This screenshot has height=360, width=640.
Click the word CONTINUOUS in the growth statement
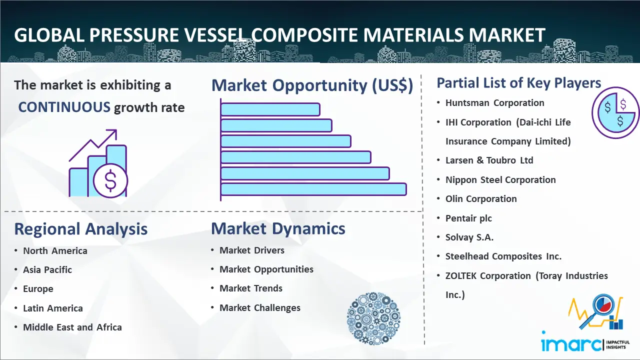coord(64,107)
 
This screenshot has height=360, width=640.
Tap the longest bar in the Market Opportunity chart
coord(313,189)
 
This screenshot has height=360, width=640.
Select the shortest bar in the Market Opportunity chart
coord(270,109)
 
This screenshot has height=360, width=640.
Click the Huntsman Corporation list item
coord(495,103)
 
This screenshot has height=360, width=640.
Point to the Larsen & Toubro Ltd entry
coord(489,160)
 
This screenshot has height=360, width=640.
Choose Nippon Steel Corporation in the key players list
coord(500,179)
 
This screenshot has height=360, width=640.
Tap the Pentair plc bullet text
coord(468,218)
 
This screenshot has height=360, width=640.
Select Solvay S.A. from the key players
coord(469,237)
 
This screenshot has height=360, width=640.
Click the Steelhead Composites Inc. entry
coord(503,256)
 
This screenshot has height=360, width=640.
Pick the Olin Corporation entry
coord(481,198)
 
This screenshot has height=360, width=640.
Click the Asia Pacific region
coord(47,269)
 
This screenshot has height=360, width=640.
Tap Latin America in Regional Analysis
coord(53,308)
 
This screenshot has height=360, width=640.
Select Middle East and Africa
coord(72,327)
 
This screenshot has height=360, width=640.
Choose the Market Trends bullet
coord(251,288)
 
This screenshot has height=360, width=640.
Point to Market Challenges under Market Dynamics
coord(260,307)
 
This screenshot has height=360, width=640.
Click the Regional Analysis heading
coord(81,229)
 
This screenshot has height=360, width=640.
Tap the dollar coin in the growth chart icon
coord(110,181)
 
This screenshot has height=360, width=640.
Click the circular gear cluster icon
coord(373,318)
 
